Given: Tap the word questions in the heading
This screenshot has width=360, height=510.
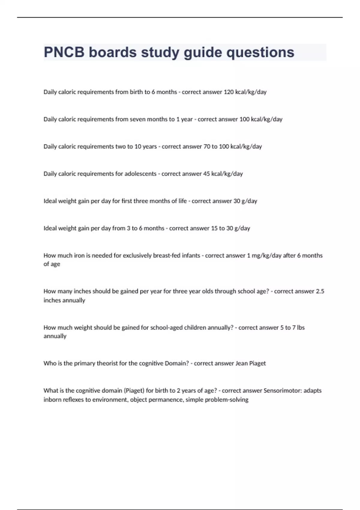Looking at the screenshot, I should pos(260,52).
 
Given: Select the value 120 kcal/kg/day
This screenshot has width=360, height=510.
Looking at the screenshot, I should pos(245,92).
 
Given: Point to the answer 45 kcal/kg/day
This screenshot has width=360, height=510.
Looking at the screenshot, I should pos(223,174).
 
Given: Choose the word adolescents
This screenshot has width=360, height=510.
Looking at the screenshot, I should pos(140,174).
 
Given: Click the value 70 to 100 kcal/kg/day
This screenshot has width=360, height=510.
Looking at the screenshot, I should pos(232,147).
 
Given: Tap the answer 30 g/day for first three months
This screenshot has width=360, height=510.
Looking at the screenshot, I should pos(245,201).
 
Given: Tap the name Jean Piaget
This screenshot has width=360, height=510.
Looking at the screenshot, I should pos(250,363).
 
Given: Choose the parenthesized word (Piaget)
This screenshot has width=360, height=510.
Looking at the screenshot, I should pos(134,391).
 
